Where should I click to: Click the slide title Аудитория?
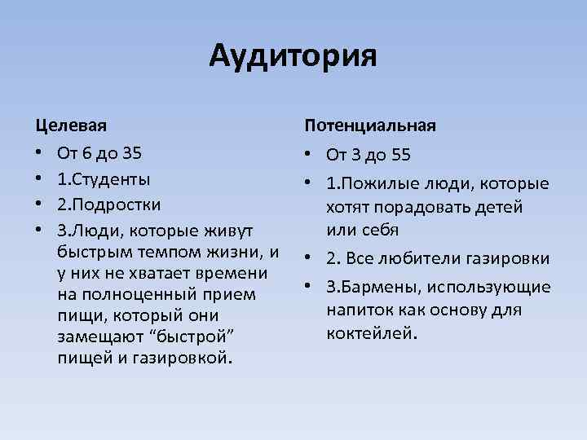tap(293, 56)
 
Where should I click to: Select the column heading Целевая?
tap(71, 125)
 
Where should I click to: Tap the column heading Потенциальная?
tap(370, 125)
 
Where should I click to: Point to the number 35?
tap(131, 153)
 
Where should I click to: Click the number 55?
tap(399, 153)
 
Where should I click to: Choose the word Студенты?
tap(110, 178)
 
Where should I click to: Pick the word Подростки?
tap(117, 204)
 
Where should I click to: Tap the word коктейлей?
tap(369, 332)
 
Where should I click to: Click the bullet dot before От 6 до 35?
tap(38, 154)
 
